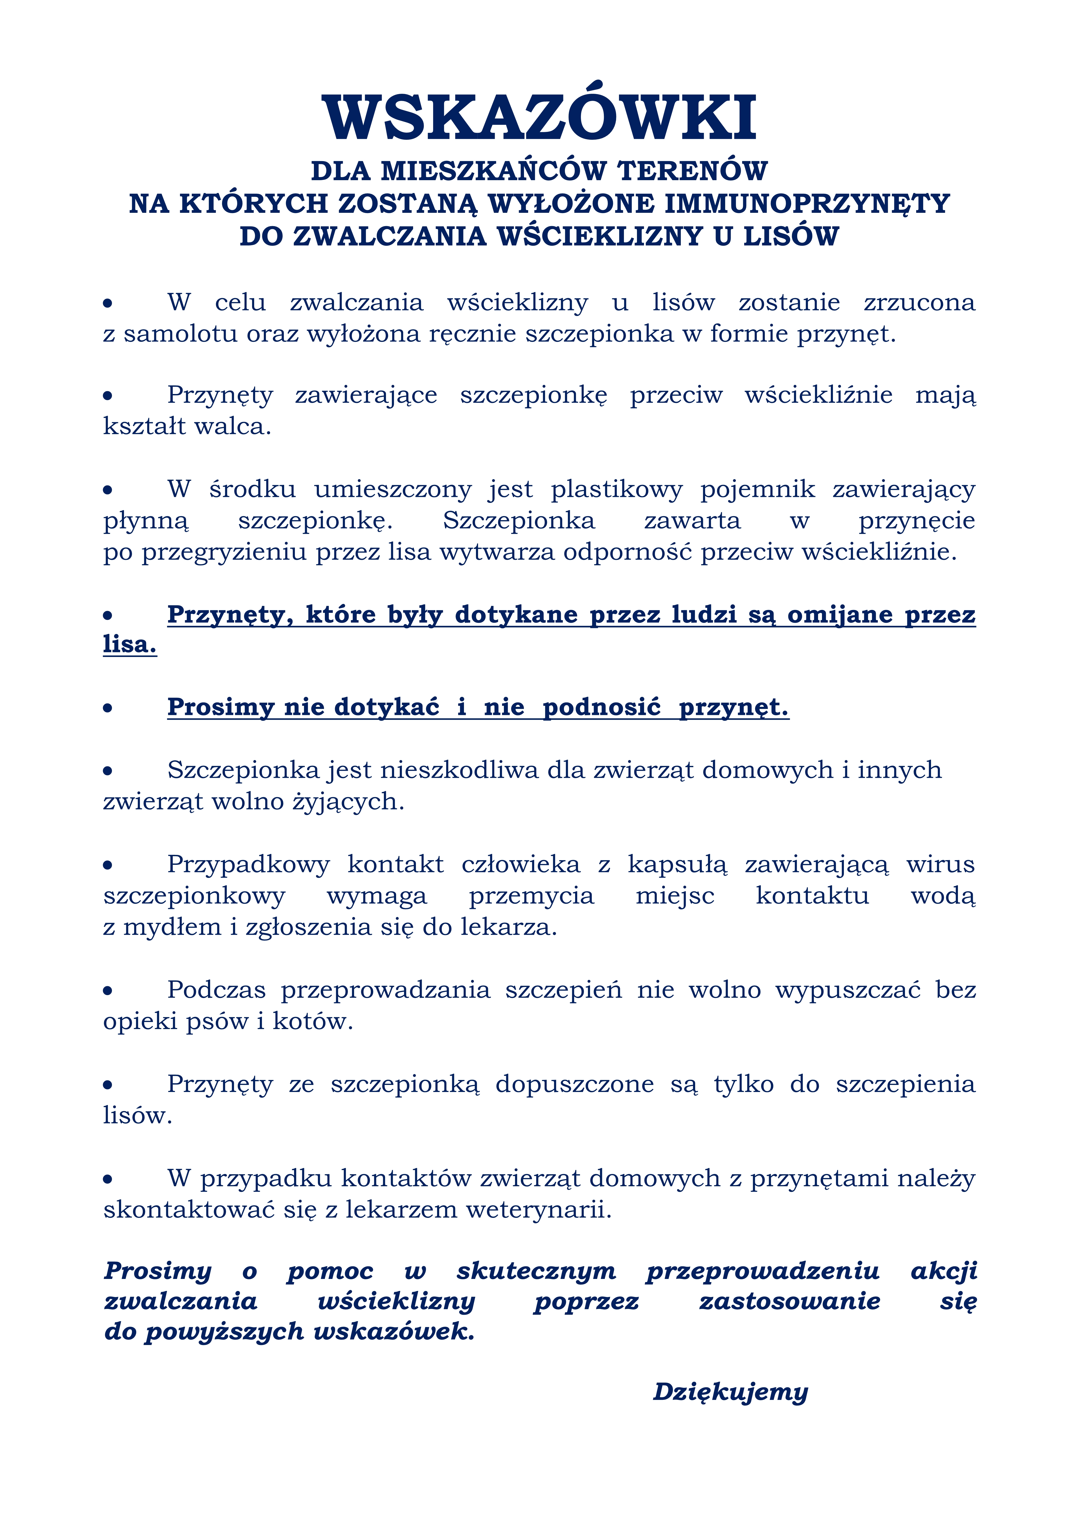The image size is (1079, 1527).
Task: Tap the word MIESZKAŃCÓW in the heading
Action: (x=493, y=171)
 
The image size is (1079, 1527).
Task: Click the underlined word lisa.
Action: (x=130, y=644)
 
